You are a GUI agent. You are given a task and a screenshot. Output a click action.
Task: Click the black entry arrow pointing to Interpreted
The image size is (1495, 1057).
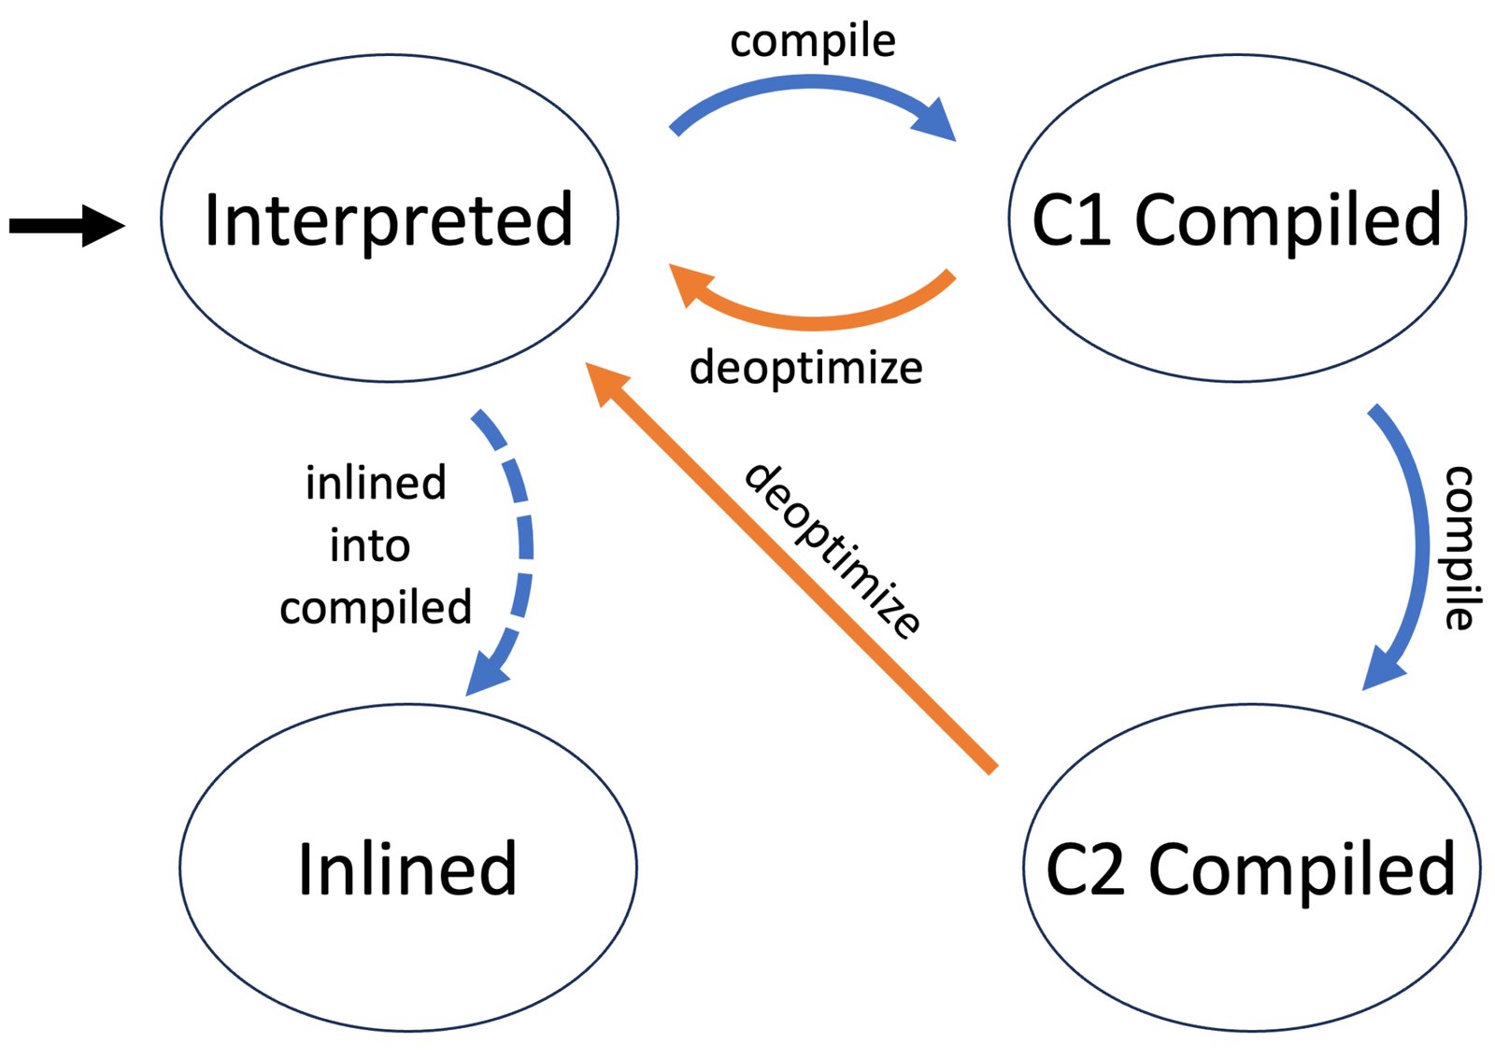[66, 226]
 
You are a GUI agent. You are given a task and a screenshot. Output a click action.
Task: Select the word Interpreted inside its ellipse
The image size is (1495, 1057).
[389, 220]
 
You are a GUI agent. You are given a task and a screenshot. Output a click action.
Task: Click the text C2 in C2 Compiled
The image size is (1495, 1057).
[1086, 869]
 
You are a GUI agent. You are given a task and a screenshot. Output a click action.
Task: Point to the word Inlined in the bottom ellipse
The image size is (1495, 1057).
[407, 868]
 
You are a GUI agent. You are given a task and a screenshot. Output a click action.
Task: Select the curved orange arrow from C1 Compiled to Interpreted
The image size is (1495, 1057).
[811, 323]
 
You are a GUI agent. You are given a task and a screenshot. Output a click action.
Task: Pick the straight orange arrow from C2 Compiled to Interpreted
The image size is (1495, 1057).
[790, 568]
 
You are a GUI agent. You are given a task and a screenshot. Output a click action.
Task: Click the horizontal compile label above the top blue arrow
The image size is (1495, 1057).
[812, 42]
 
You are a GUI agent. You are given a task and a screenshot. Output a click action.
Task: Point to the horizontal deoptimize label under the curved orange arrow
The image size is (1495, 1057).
[805, 368]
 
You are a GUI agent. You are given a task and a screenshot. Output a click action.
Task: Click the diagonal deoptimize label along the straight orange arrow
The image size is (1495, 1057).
[833, 551]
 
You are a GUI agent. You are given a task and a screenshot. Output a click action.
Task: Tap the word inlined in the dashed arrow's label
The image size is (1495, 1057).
[376, 482]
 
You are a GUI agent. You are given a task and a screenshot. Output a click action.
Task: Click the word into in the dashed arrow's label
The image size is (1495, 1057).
[370, 544]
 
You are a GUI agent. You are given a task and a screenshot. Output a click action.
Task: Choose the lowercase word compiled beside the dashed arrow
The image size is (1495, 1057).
[376, 608]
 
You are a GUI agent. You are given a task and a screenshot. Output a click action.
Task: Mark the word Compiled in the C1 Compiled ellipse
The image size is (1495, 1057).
[1289, 220]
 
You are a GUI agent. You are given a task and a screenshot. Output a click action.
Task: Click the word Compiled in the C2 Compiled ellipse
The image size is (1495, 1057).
[1303, 870]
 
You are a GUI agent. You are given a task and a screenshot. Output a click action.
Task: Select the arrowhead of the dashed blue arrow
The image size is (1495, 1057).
[486, 675]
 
